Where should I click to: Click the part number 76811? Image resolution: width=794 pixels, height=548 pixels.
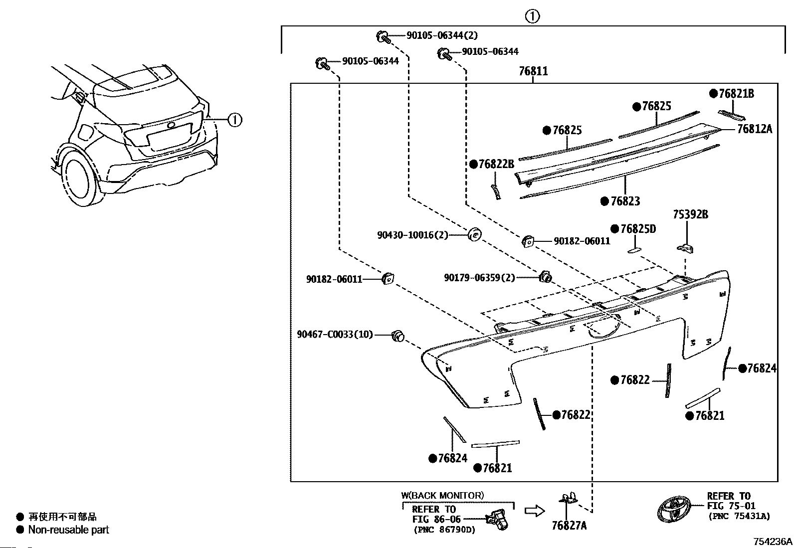click(x=533, y=71)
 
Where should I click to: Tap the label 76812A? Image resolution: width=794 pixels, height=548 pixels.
click(x=755, y=129)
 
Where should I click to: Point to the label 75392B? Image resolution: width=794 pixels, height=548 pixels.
click(x=690, y=214)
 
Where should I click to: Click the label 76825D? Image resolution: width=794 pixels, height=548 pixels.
click(x=638, y=229)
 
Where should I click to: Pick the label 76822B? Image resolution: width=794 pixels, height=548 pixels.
click(x=496, y=164)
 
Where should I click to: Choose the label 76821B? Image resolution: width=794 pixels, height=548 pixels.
click(x=736, y=94)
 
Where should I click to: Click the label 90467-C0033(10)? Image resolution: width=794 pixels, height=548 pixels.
click(x=335, y=334)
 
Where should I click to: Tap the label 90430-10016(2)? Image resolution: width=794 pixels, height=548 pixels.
click(x=412, y=235)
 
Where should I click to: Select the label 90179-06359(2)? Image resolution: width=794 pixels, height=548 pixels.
click(x=480, y=278)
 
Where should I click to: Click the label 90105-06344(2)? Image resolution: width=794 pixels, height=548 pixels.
click(x=442, y=35)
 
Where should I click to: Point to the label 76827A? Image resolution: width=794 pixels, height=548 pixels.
click(x=569, y=526)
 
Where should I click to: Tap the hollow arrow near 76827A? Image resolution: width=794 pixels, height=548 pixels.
click(x=535, y=511)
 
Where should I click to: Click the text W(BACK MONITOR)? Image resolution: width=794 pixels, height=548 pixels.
click(x=442, y=495)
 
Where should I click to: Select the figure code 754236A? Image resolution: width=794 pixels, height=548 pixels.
click(x=773, y=542)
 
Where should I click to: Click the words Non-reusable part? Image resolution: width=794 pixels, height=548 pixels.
click(x=68, y=530)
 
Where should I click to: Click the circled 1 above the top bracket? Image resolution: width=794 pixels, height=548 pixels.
click(x=532, y=16)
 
